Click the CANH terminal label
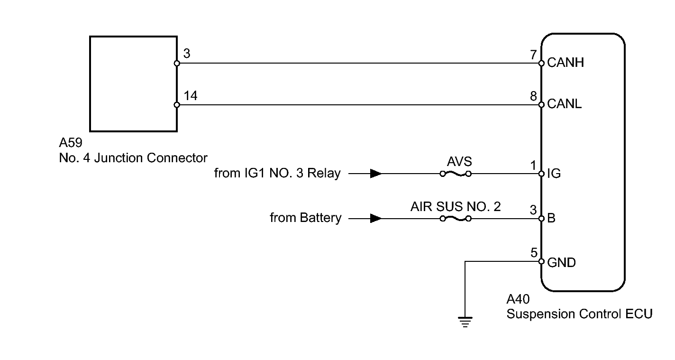[x=566, y=63]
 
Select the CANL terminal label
[x=564, y=104]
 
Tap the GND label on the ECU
[x=561, y=262]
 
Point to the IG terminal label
[x=554, y=174]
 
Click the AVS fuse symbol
[x=456, y=174]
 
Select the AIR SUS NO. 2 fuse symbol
[x=456, y=219]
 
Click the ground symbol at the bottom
[x=465, y=322]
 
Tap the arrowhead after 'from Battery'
[x=376, y=218]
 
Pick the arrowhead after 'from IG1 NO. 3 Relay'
[x=376, y=174]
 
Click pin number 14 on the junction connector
[x=191, y=96]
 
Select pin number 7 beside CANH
[x=533, y=55]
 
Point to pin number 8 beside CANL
[x=533, y=96]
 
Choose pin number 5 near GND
[x=534, y=253]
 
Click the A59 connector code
[x=71, y=143]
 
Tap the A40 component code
[x=518, y=299]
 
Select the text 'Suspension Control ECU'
[x=579, y=314]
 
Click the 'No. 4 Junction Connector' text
[x=133, y=157]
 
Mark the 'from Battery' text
[x=306, y=218]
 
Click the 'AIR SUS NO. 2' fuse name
[x=456, y=206]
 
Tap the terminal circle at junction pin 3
[x=177, y=63]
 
